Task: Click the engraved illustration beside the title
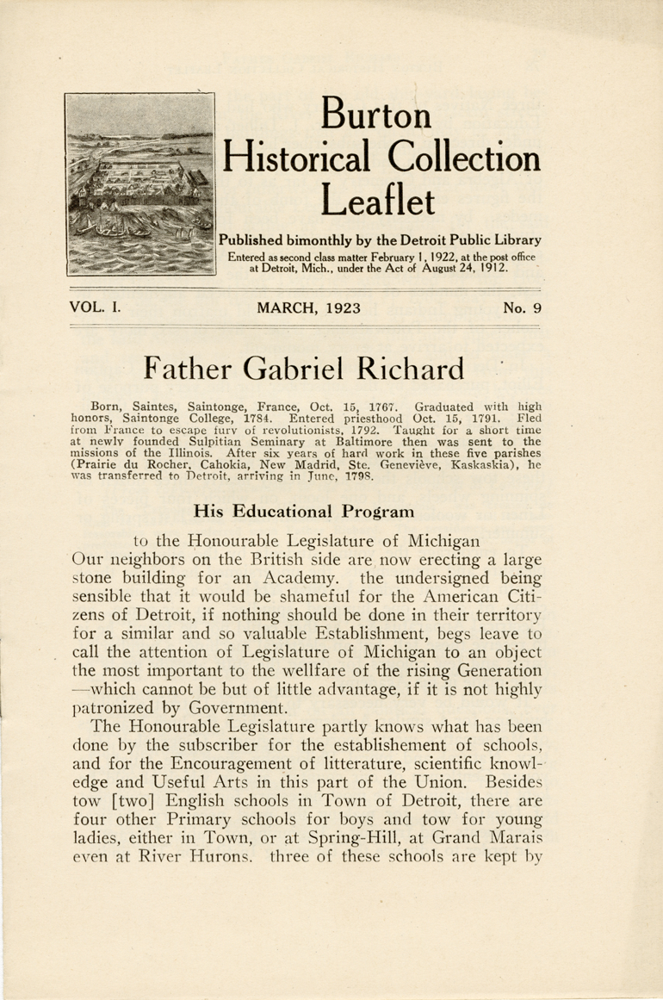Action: (x=139, y=183)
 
